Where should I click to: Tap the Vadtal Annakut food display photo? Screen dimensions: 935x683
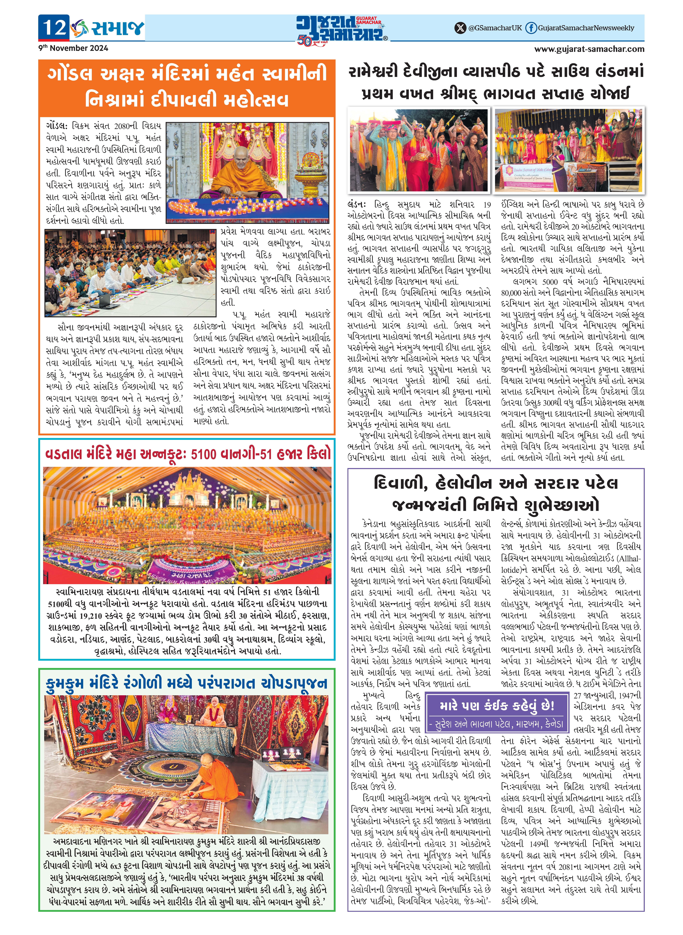click(187, 525)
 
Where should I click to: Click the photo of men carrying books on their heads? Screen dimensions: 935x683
click(418, 150)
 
